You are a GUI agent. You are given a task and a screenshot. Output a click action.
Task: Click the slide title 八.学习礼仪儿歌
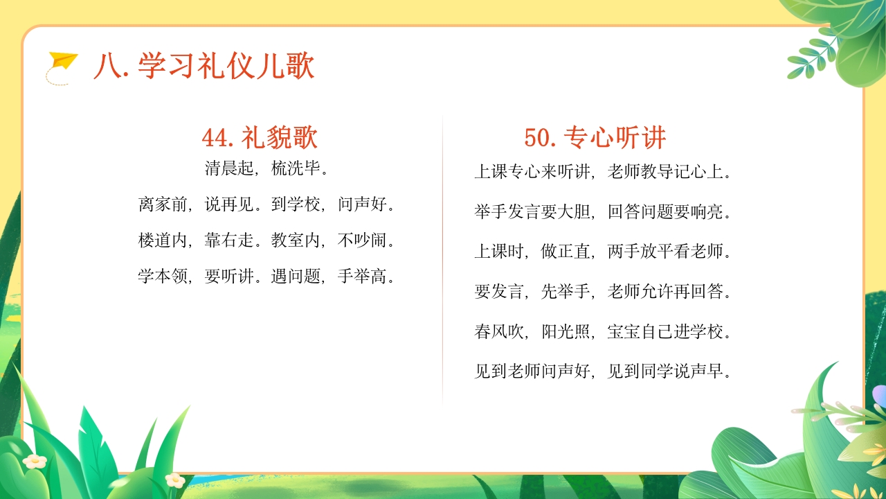point(204,67)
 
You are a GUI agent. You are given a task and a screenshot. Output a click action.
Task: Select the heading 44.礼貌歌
point(260,138)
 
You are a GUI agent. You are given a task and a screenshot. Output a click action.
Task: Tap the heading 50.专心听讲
point(595,137)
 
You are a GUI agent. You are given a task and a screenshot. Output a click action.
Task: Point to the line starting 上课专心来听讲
point(603,172)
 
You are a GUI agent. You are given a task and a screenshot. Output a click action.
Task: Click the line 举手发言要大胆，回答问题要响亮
point(603,212)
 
